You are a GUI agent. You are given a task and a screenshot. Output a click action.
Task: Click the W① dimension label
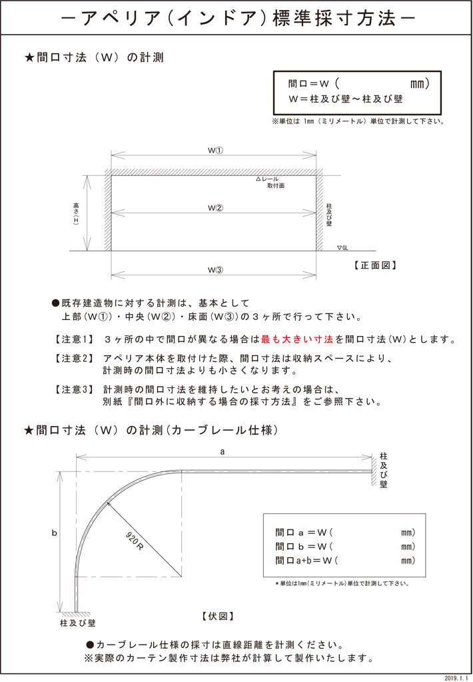[x=215, y=150]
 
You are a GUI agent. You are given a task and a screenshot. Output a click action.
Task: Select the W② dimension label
[x=215, y=208]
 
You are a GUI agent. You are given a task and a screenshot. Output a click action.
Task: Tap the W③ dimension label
[x=215, y=269]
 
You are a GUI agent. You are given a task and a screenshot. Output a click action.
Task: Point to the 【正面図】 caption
[x=376, y=265]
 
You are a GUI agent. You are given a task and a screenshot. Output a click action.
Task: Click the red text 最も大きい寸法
[x=296, y=339]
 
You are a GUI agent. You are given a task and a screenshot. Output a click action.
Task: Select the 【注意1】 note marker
[x=74, y=339]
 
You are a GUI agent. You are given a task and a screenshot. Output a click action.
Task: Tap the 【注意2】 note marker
[x=74, y=359]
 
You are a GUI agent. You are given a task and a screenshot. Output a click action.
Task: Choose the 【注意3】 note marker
[x=74, y=390]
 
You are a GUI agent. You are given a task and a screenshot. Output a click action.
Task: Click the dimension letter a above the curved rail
[x=223, y=451]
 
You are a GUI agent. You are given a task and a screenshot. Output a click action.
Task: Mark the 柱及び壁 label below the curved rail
[x=78, y=624]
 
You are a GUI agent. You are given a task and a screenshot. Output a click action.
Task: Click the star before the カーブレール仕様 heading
[x=29, y=431]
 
